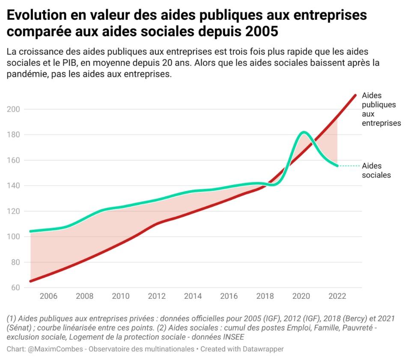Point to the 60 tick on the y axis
(15, 288)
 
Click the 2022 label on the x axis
(337, 296)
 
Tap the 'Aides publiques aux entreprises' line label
(381, 109)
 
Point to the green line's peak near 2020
(304, 132)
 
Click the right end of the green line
(337, 166)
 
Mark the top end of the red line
(355, 95)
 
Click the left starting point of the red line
(30, 281)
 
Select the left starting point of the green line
(30, 231)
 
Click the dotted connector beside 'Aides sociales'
(349, 166)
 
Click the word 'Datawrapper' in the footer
(262, 349)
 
